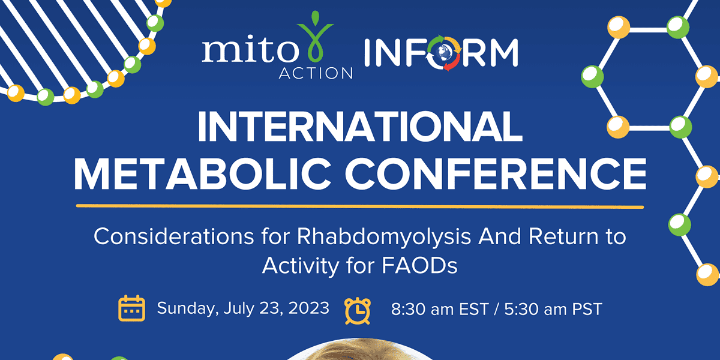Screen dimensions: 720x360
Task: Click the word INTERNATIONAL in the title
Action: click(x=360, y=127)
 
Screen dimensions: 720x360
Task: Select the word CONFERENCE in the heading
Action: click(x=496, y=174)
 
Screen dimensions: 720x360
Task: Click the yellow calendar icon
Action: click(x=132, y=308)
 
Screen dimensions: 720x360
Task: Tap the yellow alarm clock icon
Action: click(x=358, y=311)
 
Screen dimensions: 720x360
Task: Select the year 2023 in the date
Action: click(x=308, y=308)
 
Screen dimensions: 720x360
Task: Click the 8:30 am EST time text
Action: click(x=440, y=309)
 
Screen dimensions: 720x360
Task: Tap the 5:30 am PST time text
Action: click(x=553, y=309)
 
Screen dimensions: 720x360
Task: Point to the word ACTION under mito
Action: click(x=316, y=73)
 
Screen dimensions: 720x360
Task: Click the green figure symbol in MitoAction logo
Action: click(x=315, y=37)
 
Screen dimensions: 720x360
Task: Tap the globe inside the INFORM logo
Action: click(x=445, y=53)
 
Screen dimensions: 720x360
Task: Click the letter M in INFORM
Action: click(x=502, y=53)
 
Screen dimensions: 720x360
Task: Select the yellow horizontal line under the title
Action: click(x=360, y=206)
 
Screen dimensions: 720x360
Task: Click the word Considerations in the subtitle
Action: click(x=174, y=236)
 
